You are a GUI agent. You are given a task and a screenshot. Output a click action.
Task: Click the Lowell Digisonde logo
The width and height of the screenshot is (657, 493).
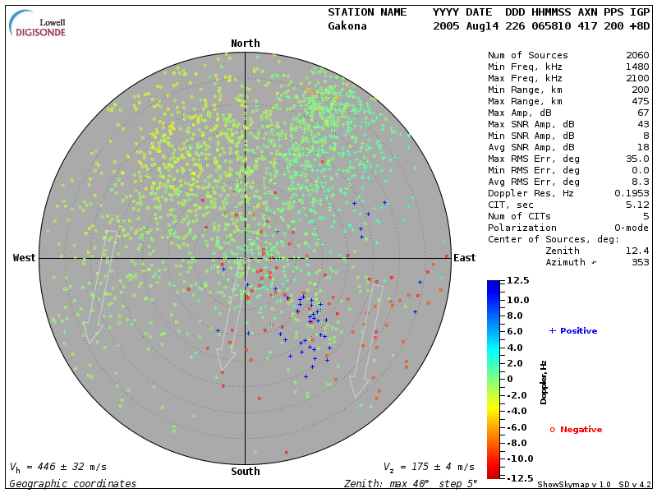[x=38, y=23]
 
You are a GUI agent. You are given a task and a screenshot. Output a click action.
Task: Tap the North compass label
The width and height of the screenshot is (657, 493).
[x=246, y=44]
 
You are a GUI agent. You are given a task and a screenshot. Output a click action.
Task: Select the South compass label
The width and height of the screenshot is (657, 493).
[x=246, y=472]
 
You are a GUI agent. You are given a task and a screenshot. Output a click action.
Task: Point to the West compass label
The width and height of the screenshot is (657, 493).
[x=25, y=258]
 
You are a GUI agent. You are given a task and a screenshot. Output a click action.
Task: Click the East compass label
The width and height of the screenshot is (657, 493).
[x=465, y=258]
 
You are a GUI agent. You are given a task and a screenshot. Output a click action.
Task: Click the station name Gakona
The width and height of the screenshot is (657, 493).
[x=347, y=26]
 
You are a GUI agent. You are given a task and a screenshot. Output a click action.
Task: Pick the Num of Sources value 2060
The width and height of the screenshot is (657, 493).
[x=637, y=55]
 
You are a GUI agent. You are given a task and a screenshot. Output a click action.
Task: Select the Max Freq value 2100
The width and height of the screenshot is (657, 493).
[x=637, y=78]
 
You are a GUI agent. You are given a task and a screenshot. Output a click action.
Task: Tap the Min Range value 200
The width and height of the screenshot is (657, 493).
[x=641, y=90]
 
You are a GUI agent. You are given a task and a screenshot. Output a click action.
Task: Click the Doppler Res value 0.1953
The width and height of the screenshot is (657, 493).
[x=632, y=193]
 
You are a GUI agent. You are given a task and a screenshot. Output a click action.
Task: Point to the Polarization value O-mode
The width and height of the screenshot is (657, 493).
[x=629, y=228]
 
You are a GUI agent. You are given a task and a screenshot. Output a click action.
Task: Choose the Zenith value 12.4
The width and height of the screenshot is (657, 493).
[x=637, y=251]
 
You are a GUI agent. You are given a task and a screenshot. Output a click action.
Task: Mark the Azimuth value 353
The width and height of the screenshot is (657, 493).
[x=641, y=262]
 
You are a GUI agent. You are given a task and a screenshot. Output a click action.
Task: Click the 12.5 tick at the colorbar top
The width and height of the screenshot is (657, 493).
[x=517, y=281]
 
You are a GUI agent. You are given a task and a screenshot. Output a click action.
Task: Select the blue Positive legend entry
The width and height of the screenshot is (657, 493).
[x=573, y=330]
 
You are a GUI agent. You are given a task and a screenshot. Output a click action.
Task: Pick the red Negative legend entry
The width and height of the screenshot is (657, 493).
[x=576, y=430]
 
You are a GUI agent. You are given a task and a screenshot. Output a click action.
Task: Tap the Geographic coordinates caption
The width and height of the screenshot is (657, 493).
[x=73, y=484]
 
